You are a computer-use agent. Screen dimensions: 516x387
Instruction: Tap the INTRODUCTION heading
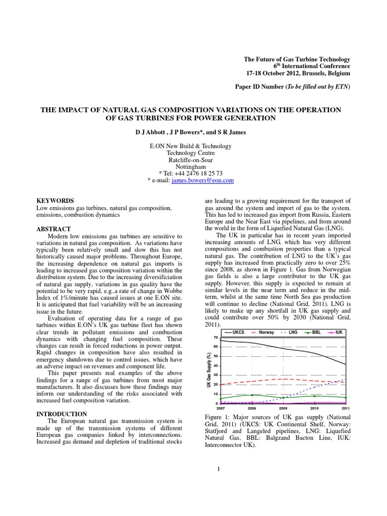coord(63,414)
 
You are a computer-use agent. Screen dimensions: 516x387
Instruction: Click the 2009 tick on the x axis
coord(283,408)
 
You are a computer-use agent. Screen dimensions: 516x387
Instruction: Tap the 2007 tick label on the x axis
coord(221,408)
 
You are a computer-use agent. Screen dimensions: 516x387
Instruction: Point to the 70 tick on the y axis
coord(215,338)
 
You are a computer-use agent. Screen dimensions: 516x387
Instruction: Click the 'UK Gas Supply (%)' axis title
coord(208,370)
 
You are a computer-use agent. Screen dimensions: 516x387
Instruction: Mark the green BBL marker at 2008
coord(252,395)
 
